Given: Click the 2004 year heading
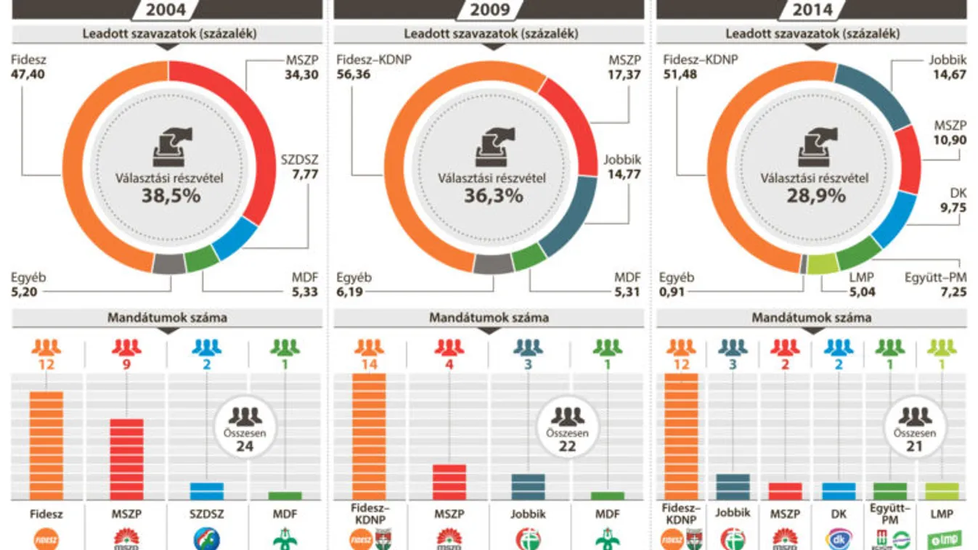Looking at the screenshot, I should click(x=166, y=9).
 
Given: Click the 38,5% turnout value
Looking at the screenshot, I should click(x=169, y=195).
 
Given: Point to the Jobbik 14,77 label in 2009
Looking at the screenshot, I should click(x=622, y=167).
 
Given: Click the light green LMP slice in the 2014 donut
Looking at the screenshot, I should click(x=822, y=265).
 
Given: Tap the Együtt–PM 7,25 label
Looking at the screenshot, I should click(x=936, y=284).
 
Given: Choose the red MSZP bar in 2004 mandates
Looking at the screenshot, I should click(x=126, y=459).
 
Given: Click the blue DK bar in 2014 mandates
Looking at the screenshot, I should click(x=838, y=491).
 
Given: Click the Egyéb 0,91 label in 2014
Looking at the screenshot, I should click(x=677, y=284).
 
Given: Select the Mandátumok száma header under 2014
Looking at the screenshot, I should click(x=811, y=318).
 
